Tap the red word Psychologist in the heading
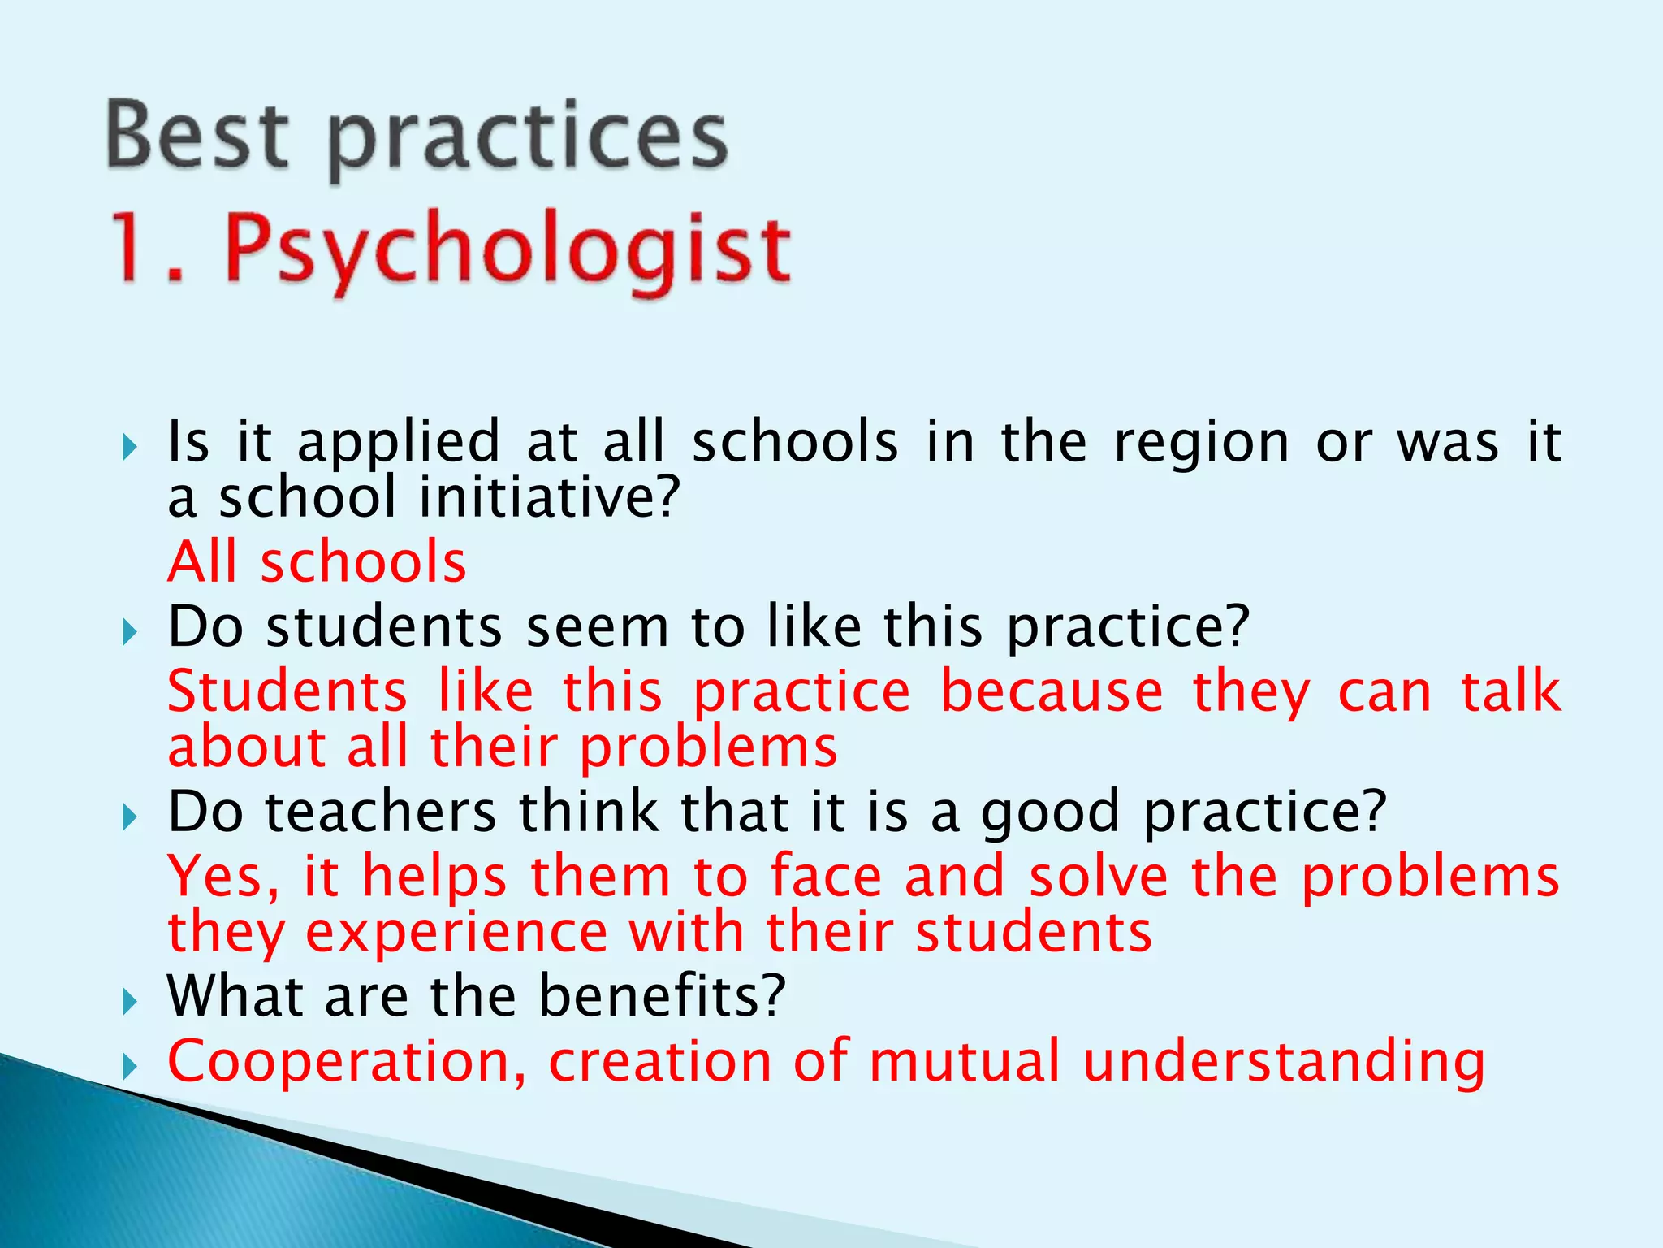pos(507,247)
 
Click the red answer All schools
pos(317,562)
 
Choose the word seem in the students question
pos(598,628)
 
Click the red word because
pos(1052,692)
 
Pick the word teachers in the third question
pos(381,812)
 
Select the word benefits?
pos(662,996)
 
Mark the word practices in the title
pos(527,138)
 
